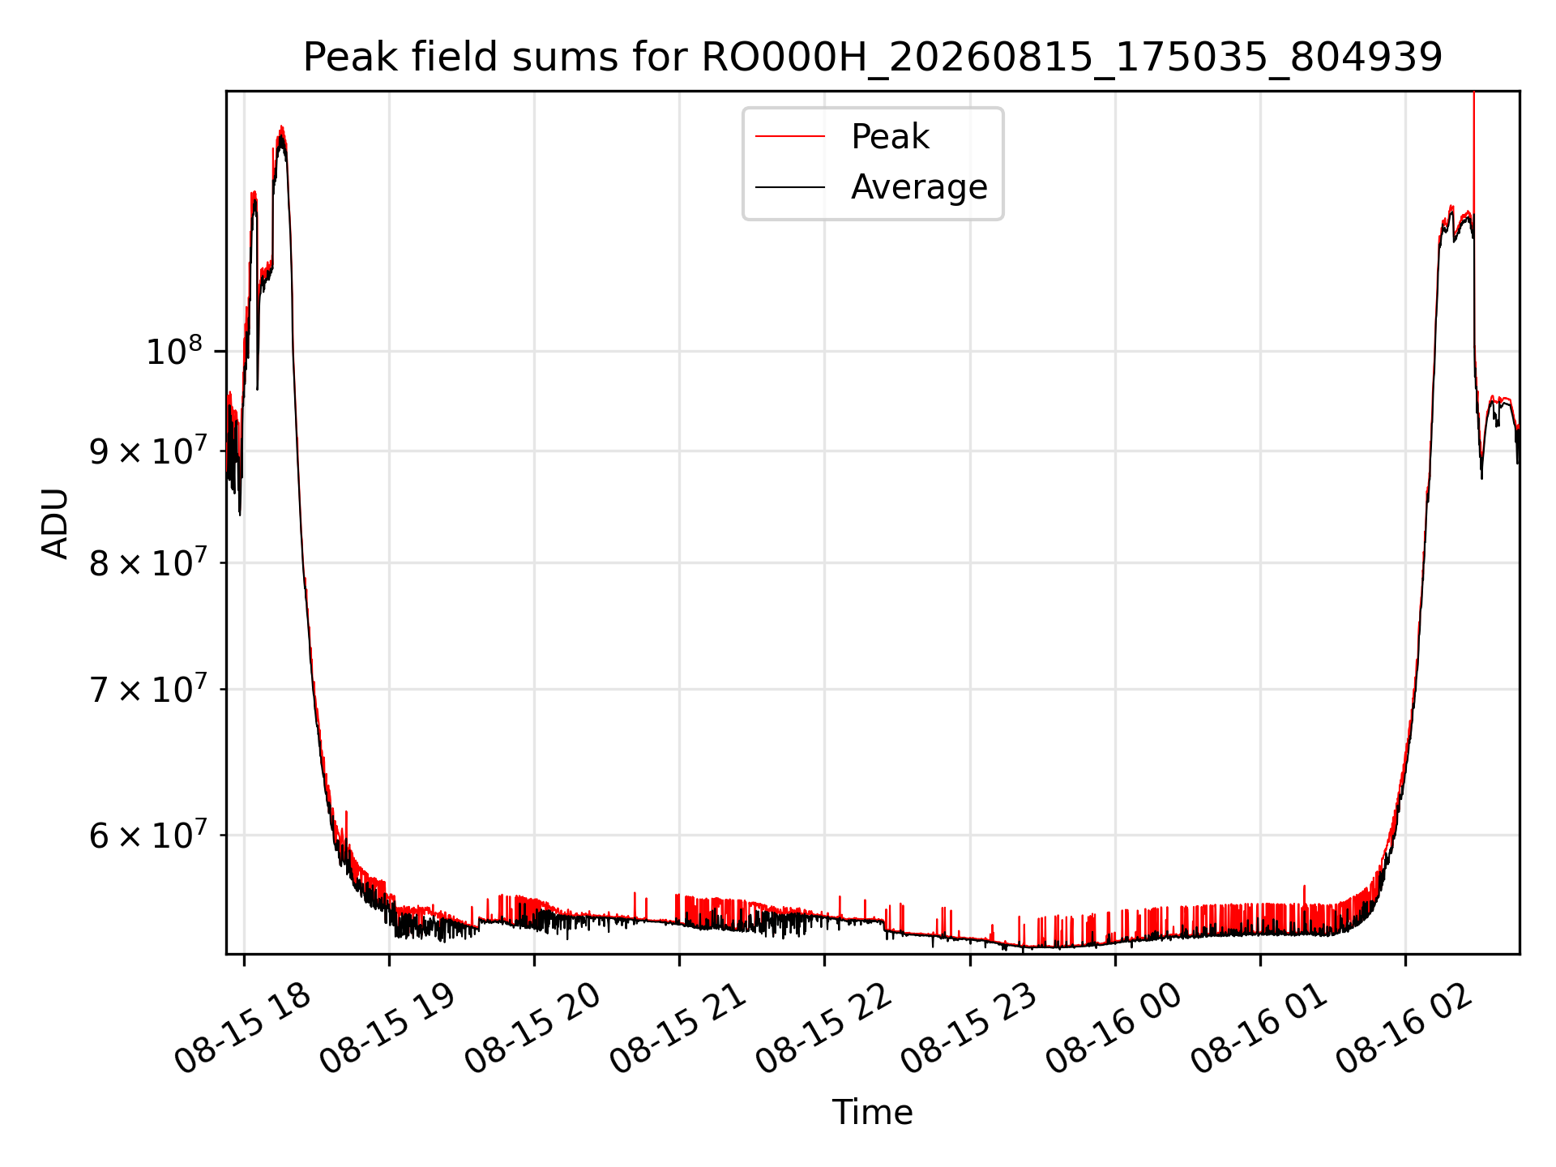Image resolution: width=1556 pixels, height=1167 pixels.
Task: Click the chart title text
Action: point(873,58)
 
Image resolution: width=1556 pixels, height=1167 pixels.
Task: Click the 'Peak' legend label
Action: point(890,137)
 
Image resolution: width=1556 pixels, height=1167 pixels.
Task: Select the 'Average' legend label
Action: point(919,187)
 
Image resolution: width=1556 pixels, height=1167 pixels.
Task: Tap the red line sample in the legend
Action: point(790,137)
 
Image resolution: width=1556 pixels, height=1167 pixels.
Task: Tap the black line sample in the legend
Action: point(790,187)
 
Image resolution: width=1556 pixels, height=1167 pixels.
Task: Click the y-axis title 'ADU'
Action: point(55,523)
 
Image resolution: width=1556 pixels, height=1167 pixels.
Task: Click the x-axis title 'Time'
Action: point(873,1113)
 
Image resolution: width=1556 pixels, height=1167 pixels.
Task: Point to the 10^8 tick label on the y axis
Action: point(173,352)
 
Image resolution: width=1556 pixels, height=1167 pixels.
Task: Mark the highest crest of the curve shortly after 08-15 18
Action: point(281,126)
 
